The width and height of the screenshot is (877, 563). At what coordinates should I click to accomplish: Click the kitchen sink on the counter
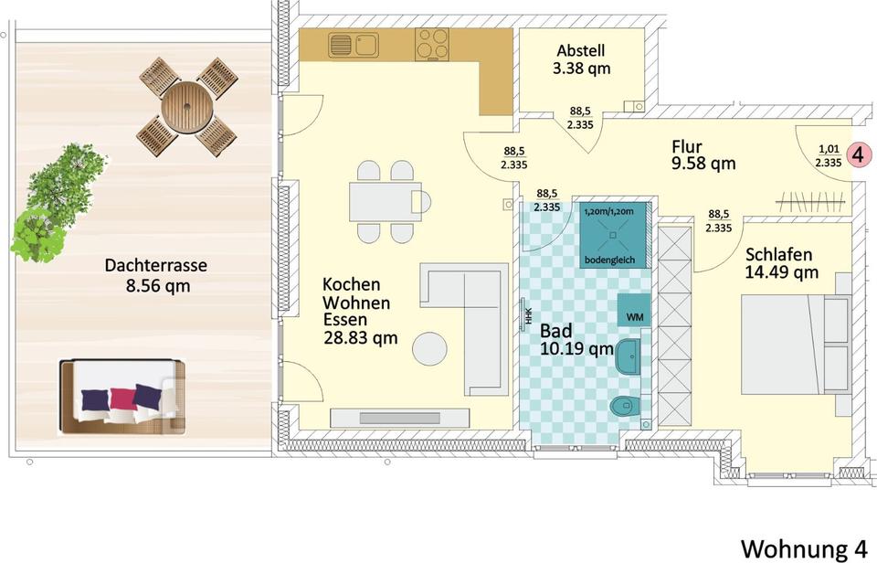(x=354, y=45)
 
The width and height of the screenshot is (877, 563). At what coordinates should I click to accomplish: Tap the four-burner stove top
(x=432, y=44)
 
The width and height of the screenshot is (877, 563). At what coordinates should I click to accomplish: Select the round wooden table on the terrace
(x=187, y=108)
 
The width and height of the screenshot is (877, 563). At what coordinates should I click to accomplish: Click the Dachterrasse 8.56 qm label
(x=156, y=275)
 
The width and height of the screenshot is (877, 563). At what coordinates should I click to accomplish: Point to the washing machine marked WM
(x=634, y=310)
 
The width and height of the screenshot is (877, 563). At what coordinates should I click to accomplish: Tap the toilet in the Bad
(x=625, y=405)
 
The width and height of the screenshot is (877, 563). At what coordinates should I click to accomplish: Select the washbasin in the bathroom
(x=629, y=356)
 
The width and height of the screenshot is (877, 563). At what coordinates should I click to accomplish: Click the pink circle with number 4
(x=859, y=154)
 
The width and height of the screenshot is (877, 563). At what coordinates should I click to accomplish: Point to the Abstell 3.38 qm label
(x=581, y=59)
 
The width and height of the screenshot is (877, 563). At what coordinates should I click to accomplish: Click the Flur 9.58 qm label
(x=703, y=155)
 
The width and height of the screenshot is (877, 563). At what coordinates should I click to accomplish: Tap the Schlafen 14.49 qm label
(x=781, y=263)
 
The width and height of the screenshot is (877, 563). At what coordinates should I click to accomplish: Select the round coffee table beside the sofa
(x=429, y=348)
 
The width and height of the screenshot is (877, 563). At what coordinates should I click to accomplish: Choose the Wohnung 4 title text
(x=804, y=548)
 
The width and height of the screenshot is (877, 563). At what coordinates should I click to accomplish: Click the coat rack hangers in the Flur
(x=810, y=201)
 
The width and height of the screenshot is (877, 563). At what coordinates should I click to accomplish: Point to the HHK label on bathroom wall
(x=528, y=317)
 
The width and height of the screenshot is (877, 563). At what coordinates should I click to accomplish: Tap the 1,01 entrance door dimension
(x=829, y=149)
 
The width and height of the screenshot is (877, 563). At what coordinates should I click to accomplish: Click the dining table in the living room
(x=386, y=201)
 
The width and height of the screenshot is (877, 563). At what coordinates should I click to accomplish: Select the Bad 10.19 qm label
(x=576, y=340)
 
